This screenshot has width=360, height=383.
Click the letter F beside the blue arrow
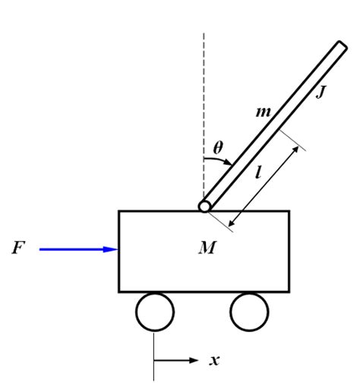tap(17, 248)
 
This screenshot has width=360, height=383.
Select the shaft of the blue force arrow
tap(72, 248)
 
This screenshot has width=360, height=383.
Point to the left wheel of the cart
tap(154, 312)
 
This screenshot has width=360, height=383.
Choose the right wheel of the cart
tap(250, 312)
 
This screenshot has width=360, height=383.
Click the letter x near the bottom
tap(215, 359)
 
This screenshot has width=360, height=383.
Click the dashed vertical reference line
tap(204, 91)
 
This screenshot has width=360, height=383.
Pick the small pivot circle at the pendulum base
tap(204, 206)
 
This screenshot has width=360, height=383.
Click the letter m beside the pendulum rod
tap(263, 112)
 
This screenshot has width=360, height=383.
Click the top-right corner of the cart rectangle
tap(289, 211)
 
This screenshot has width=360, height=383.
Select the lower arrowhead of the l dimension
tap(232, 221)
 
